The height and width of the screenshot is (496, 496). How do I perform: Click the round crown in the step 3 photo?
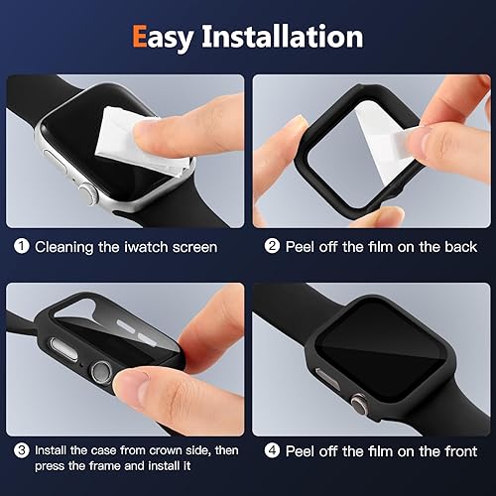[100, 374]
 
